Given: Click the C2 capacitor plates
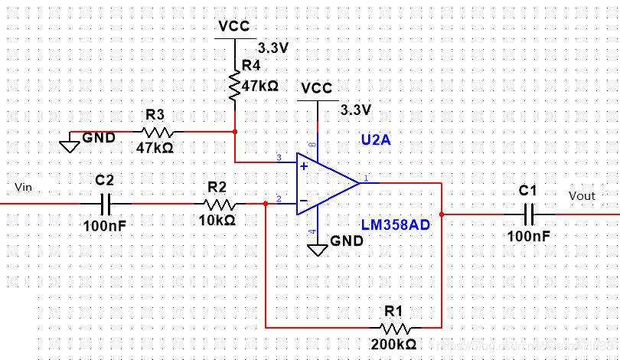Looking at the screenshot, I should click(x=106, y=204).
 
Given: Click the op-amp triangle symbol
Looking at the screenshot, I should click(x=325, y=184).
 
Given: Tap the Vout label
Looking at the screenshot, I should click(x=582, y=196).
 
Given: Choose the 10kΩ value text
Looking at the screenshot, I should click(x=217, y=221).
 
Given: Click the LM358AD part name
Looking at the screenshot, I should click(x=395, y=224).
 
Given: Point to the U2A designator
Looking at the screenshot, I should click(x=377, y=141).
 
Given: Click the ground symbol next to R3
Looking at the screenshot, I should click(x=70, y=142).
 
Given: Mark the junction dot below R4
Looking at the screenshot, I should click(x=234, y=130).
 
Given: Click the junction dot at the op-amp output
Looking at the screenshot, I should click(x=442, y=214).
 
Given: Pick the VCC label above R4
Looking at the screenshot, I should click(x=234, y=26).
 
